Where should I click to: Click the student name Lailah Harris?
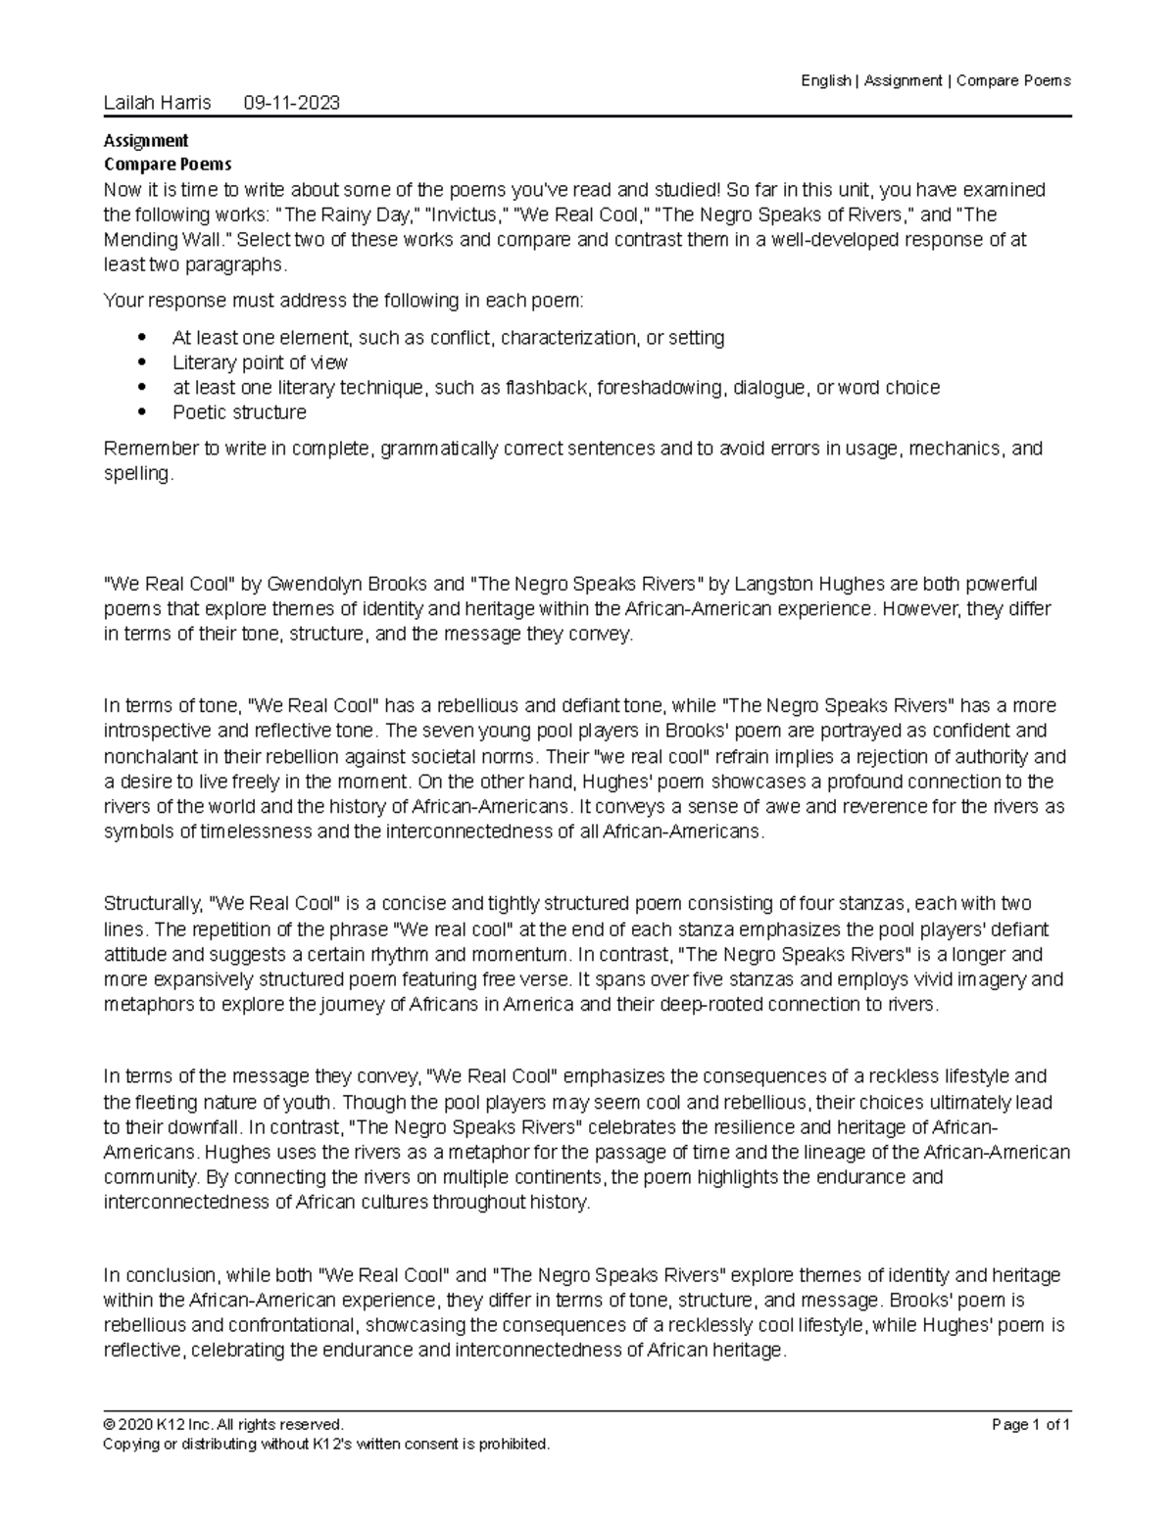(x=157, y=103)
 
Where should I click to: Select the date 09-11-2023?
(x=291, y=103)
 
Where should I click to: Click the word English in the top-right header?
(x=825, y=80)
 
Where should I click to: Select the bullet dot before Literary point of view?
(x=144, y=363)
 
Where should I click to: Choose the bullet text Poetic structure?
(x=239, y=413)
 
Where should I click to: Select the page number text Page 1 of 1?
(x=1031, y=1425)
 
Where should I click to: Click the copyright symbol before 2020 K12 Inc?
(x=109, y=1425)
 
